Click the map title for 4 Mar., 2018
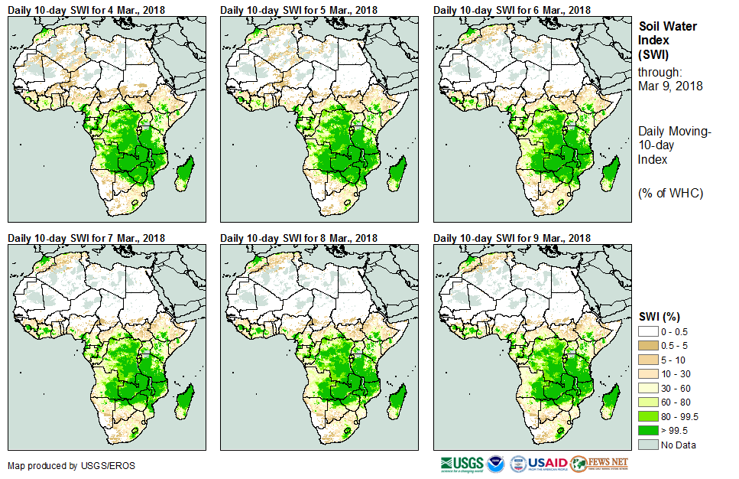click(86, 10)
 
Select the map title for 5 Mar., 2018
click(299, 10)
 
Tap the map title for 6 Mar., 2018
click(512, 10)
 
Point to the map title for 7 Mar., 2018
click(86, 239)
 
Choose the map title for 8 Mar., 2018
click(299, 239)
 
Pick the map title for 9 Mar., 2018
click(512, 239)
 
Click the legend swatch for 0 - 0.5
click(651, 331)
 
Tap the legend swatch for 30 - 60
click(651, 388)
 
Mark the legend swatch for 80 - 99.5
click(651, 416)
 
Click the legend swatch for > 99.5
click(651, 431)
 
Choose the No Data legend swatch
click(651, 445)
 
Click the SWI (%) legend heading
click(660, 317)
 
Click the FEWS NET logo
click(599, 464)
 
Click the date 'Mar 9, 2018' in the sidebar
click(669, 86)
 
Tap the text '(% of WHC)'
click(670, 193)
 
